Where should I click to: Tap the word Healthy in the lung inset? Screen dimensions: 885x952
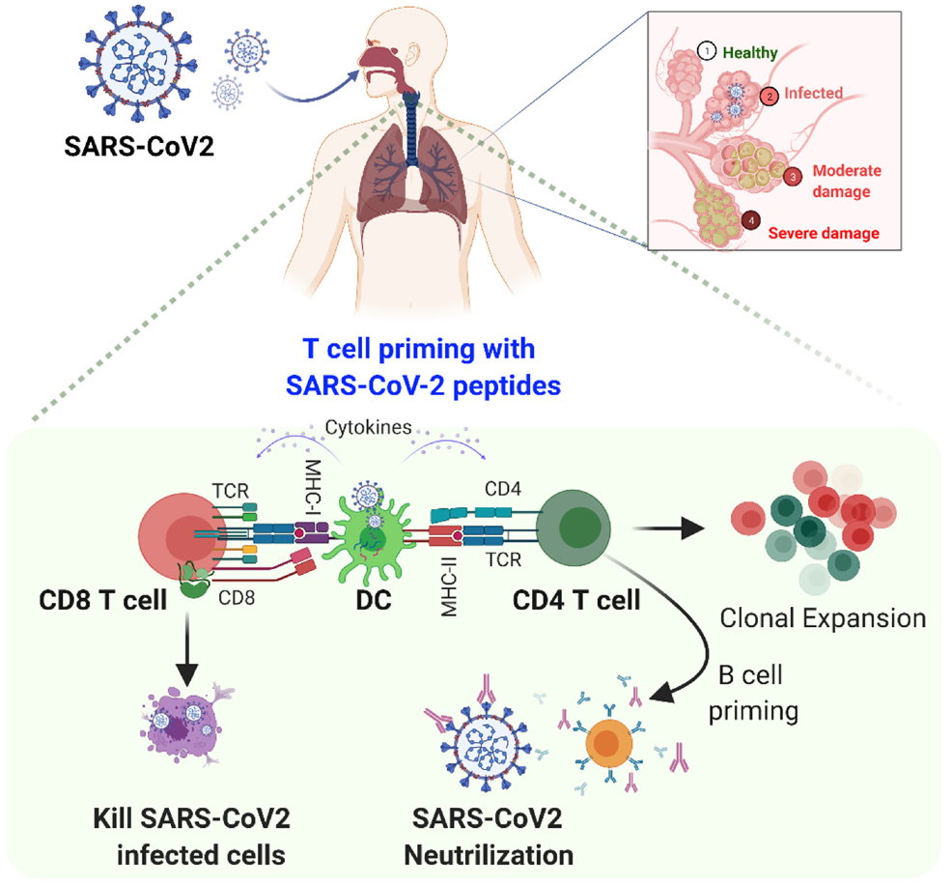click(x=750, y=53)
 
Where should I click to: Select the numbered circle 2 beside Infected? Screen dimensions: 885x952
click(x=769, y=96)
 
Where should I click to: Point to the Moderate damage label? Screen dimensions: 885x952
click(x=846, y=181)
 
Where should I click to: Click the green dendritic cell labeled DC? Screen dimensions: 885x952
click(x=365, y=541)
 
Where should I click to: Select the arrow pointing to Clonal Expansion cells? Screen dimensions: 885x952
click(x=665, y=528)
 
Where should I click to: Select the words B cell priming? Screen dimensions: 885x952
click(x=753, y=693)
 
